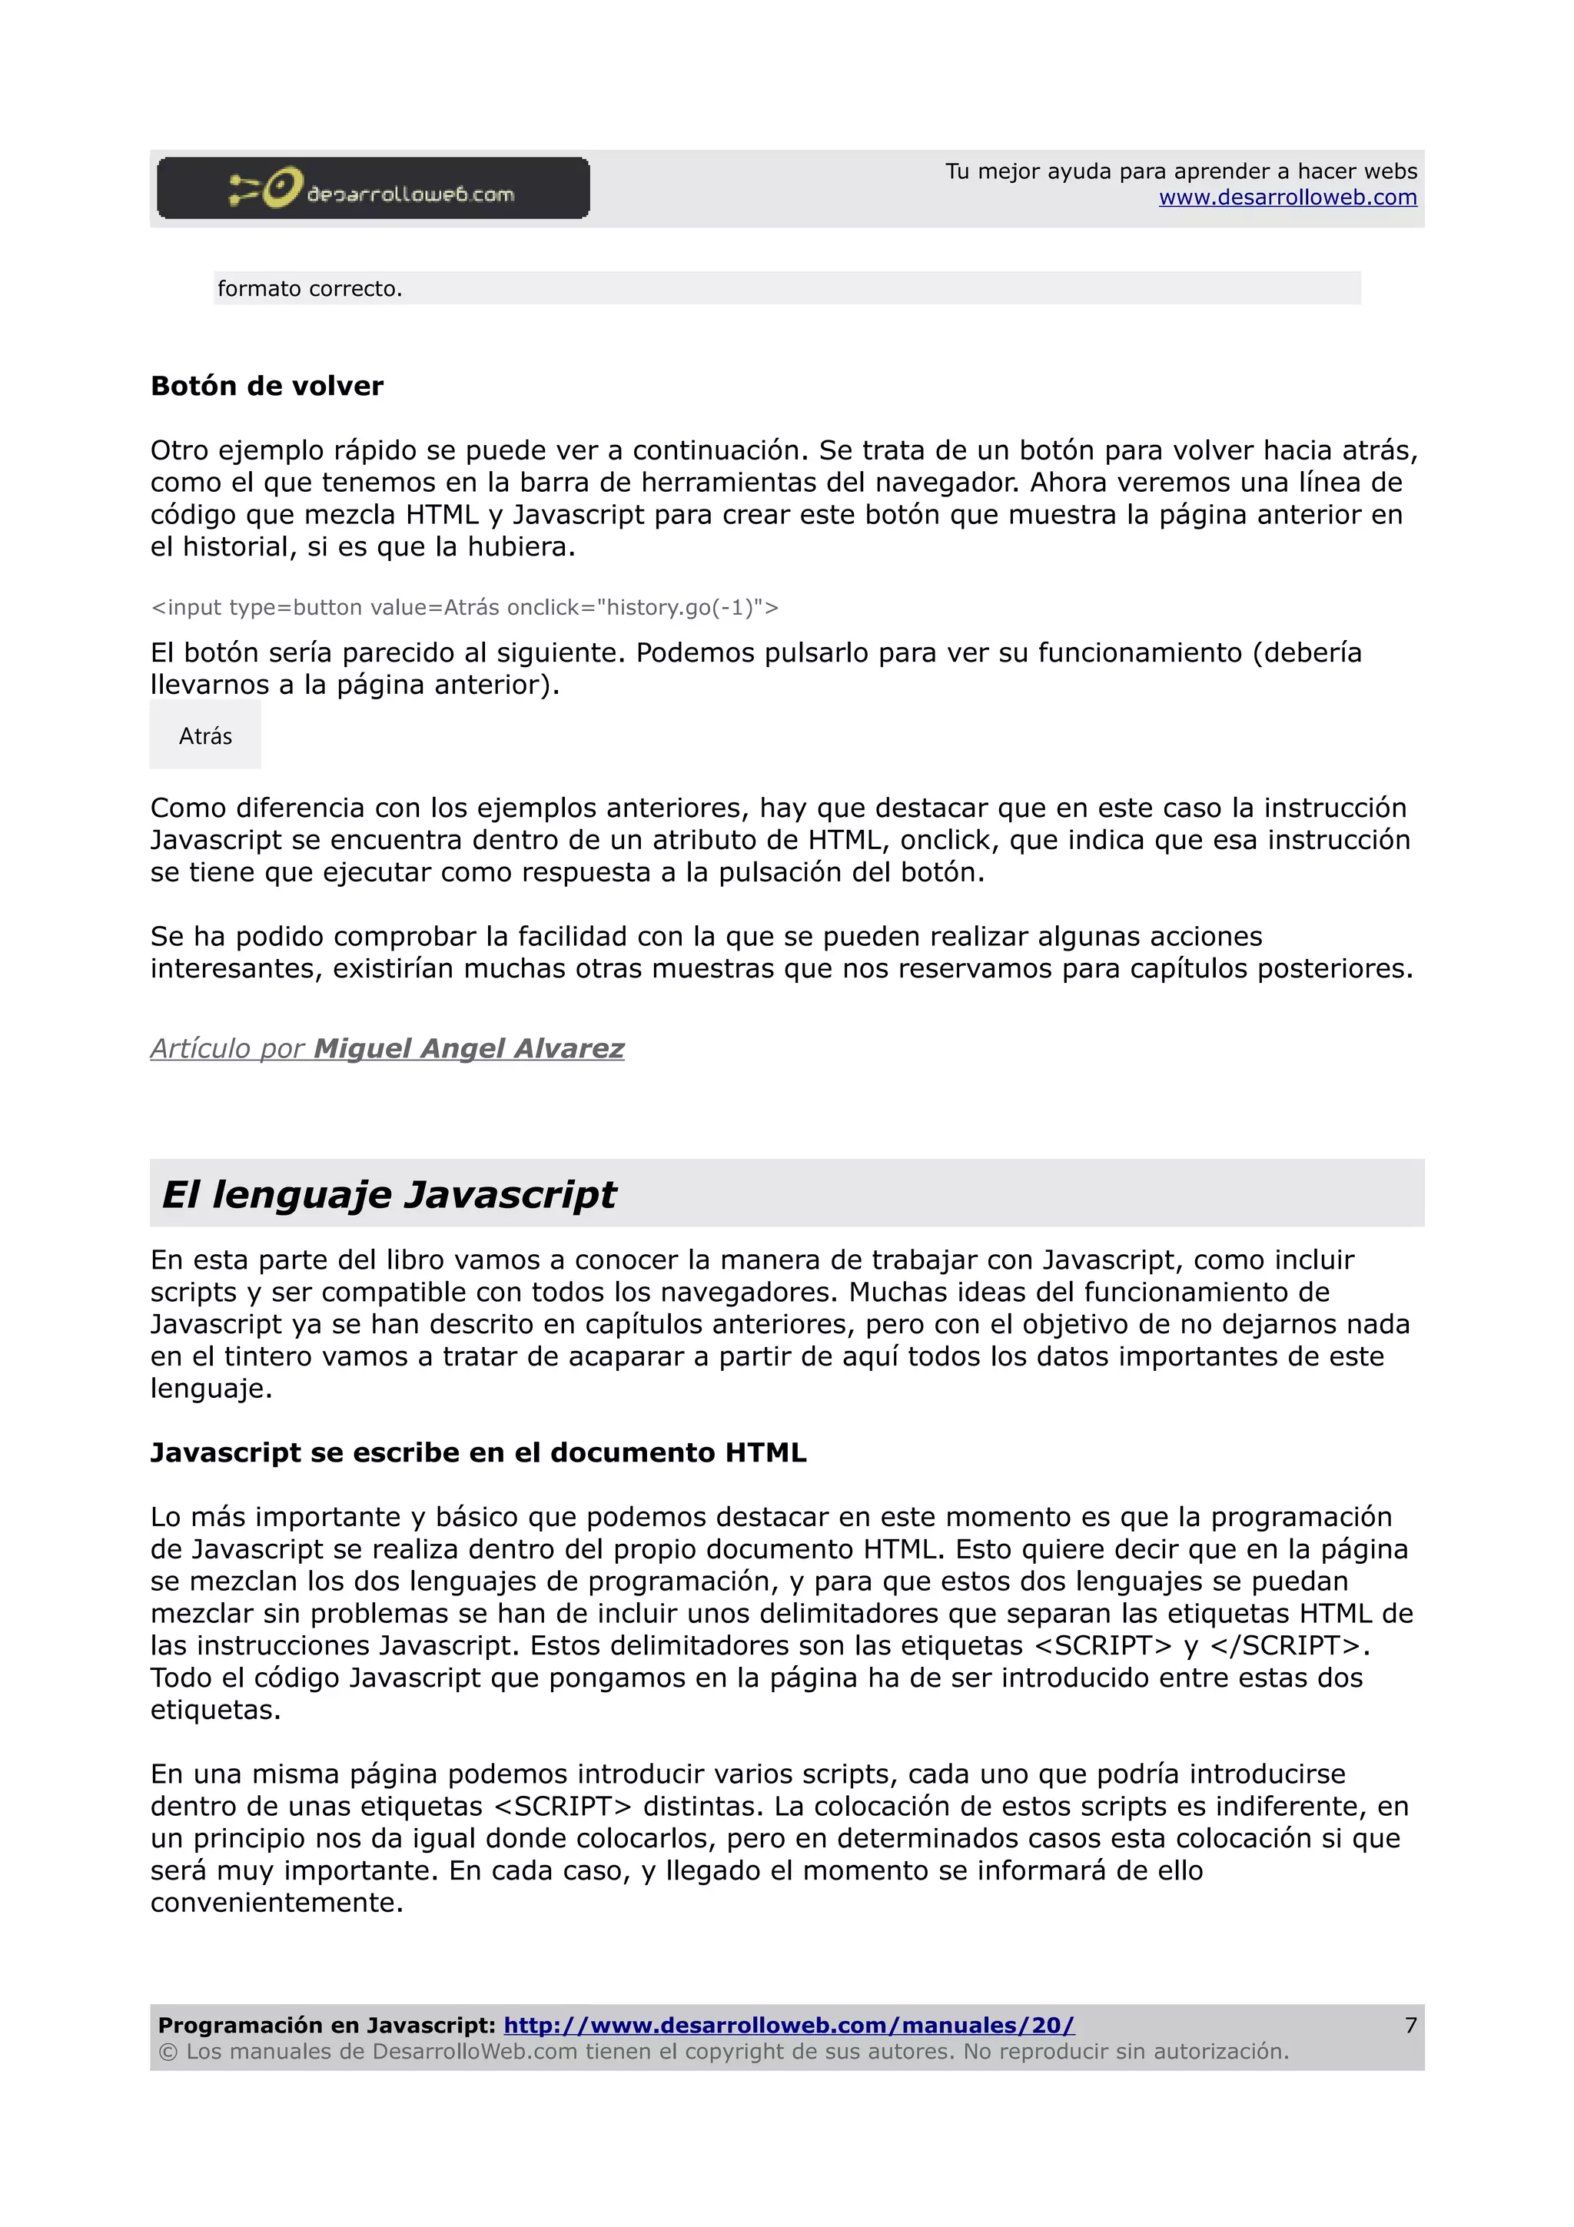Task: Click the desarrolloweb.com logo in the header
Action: click(373, 188)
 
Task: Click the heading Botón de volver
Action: click(267, 386)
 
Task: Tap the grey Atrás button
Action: click(206, 736)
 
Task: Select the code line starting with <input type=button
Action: click(464, 607)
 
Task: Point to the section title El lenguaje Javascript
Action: click(388, 1194)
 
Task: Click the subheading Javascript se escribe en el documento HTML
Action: click(478, 1452)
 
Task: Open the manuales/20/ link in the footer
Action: click(789, 2024)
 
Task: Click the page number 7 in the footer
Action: click(1410, 2024)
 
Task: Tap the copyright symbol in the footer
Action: click(168, 2052)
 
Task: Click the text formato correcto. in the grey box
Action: click(310, 289)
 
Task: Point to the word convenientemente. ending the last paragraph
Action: click(277, 1902)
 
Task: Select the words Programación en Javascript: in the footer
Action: click(327, 2024)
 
